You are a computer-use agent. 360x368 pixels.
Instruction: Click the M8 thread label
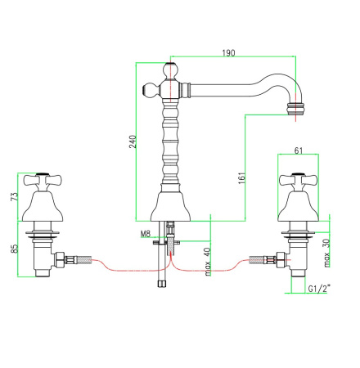pyautogui.click(x=146, y=234)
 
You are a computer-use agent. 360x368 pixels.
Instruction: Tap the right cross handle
pyautogui.click(x=299, y=180)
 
